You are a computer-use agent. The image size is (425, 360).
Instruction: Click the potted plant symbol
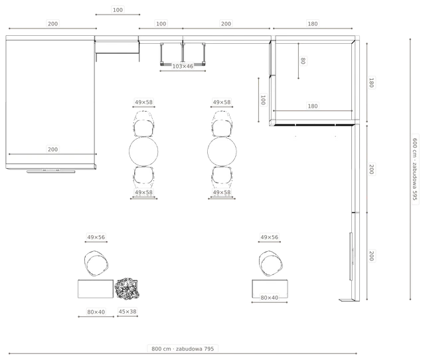[127, 288]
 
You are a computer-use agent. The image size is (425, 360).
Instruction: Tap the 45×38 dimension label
[127, 312]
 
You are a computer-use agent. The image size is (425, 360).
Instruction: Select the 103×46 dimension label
[183, 66]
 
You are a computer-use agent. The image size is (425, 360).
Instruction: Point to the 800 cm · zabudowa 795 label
[183, 349]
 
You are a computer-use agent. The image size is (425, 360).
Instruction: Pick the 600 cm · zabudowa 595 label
[415, 169]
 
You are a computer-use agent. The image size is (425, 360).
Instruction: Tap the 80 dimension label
[303, 60]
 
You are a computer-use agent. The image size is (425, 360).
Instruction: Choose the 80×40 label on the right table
[270, 298]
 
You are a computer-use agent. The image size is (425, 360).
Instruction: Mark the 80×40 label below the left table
[96, 312]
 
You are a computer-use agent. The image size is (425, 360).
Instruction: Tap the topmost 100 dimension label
[118, 10]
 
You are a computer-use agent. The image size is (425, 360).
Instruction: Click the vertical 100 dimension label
[263, 100]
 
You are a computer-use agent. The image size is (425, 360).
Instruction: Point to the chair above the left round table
[143, 124]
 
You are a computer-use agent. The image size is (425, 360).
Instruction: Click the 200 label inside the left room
[52, 149]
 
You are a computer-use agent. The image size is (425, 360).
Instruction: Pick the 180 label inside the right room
[313, 106]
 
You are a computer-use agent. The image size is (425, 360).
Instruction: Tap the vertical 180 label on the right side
[372, 82]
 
